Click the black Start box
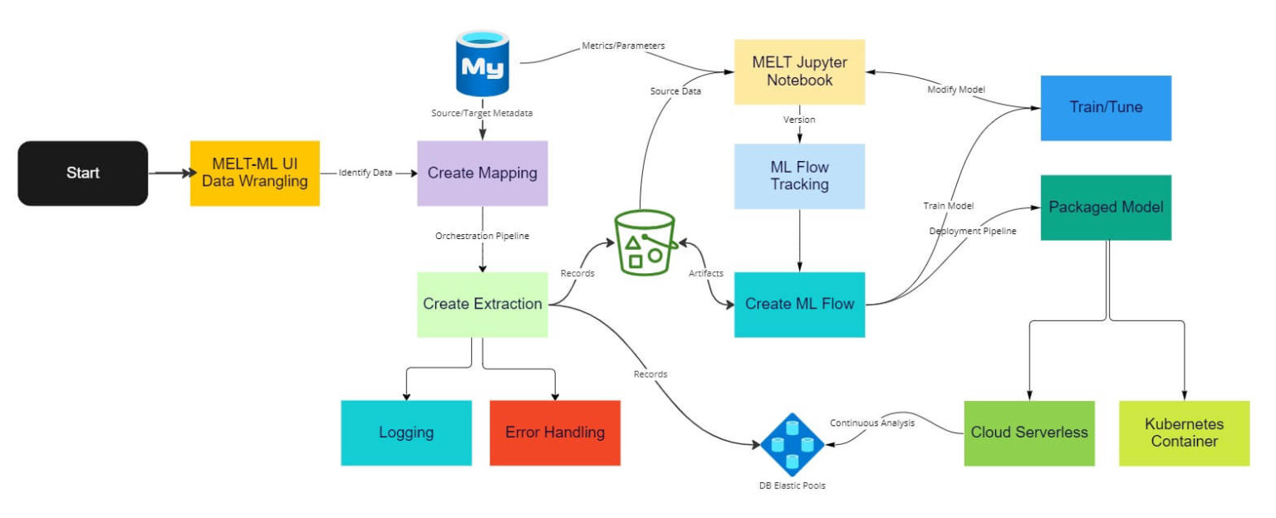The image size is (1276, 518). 82,173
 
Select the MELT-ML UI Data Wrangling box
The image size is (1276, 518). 254,173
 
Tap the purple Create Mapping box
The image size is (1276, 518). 482,173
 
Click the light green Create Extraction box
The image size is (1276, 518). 482,304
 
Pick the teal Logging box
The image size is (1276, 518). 406,432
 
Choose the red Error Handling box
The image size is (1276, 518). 555,432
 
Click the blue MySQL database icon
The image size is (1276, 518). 482,64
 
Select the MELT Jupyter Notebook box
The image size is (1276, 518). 799,71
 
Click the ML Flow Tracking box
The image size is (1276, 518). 799,176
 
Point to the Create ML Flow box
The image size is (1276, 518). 799,304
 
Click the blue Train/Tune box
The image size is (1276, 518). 1106,108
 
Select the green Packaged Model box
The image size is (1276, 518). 1106,208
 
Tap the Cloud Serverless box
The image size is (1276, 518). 1029,432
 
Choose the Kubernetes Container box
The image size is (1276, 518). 1184,432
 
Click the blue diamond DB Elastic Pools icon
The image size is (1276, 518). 792,445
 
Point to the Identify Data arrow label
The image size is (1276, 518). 366,173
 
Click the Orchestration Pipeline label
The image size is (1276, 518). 482,236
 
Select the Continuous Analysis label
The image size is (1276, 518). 872,423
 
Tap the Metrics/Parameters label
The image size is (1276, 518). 623,46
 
